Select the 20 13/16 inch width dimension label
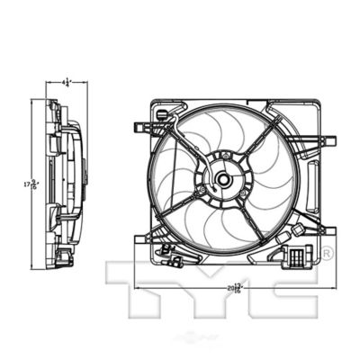click(x=236, y=287)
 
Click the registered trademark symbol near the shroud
click(x=327, y=252)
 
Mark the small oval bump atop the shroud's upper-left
click(x=161, y=114)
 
